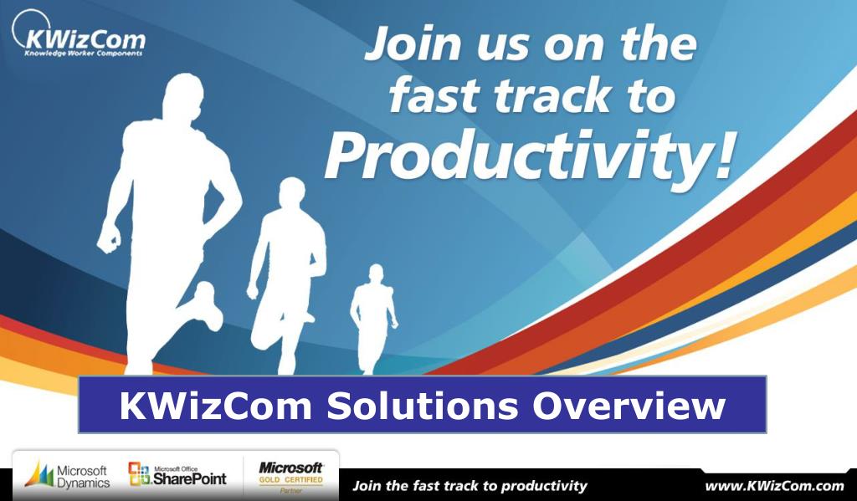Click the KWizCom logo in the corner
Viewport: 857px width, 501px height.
80,34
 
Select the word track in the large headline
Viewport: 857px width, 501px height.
552,95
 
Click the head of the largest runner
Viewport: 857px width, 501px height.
182,96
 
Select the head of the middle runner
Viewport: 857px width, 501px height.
292,192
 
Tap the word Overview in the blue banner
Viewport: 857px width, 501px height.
629,406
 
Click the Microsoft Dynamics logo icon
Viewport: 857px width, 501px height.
38,474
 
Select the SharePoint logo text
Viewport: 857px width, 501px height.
189,478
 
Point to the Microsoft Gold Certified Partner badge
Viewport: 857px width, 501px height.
290,477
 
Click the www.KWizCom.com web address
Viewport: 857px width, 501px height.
774,486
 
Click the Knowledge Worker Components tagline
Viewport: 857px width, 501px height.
83,54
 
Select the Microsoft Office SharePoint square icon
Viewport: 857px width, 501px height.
139,473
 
